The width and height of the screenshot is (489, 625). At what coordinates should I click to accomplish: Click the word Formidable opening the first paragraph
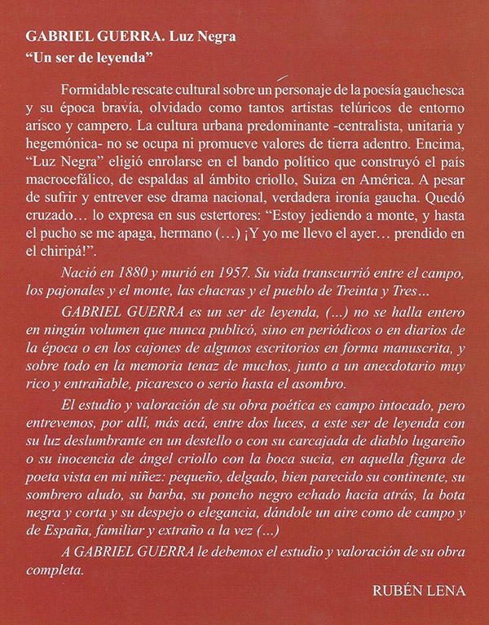(x=97, y=87)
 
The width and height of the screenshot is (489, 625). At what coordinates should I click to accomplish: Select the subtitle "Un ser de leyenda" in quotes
(x=101, y=58)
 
